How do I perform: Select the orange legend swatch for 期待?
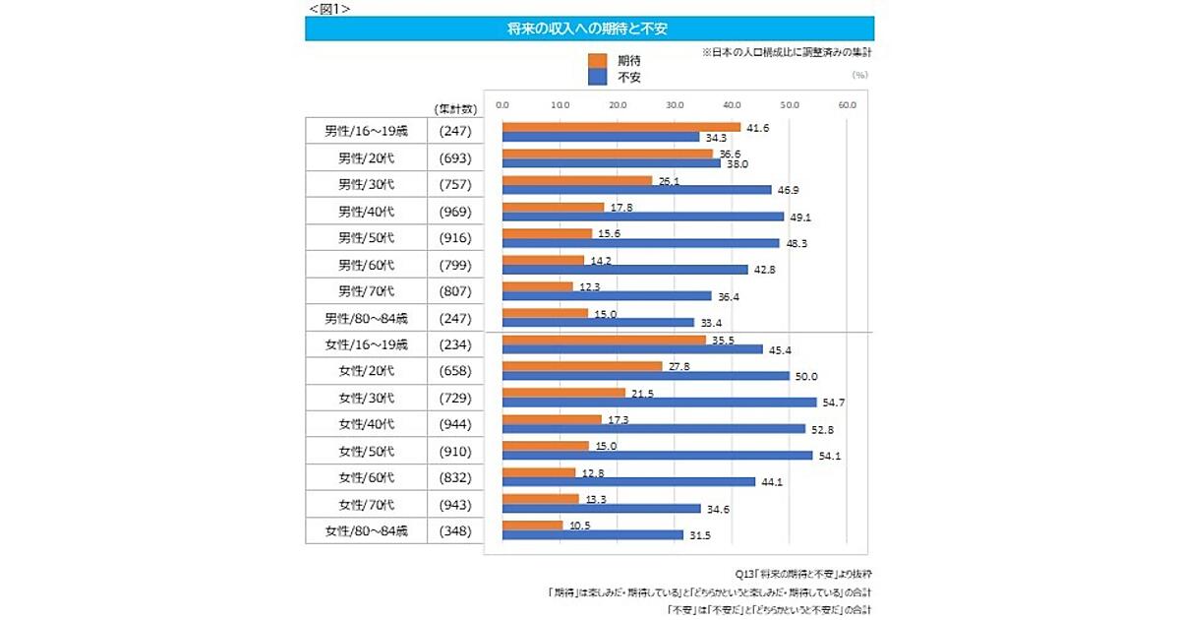[597, 61]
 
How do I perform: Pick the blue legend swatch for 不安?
[597, 77]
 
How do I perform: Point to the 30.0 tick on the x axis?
[675, 104]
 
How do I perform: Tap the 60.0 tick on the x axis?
[848, 104]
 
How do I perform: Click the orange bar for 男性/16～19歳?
[620, 127]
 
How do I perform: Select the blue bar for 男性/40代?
[642, 217]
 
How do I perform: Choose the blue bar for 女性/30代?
[659, 402]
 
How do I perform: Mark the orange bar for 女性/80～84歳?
[532, 526]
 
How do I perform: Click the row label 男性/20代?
[366, 158]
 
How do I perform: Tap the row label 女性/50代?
[366, 452]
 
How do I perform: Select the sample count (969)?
[456, 212]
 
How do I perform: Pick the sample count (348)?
[456, 531]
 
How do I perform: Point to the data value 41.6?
[759, 128]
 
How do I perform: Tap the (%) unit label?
[859, 74]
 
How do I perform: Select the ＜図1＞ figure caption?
[328, 8]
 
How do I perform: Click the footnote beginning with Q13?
[803, 573]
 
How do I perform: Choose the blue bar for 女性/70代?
[601, 509]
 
